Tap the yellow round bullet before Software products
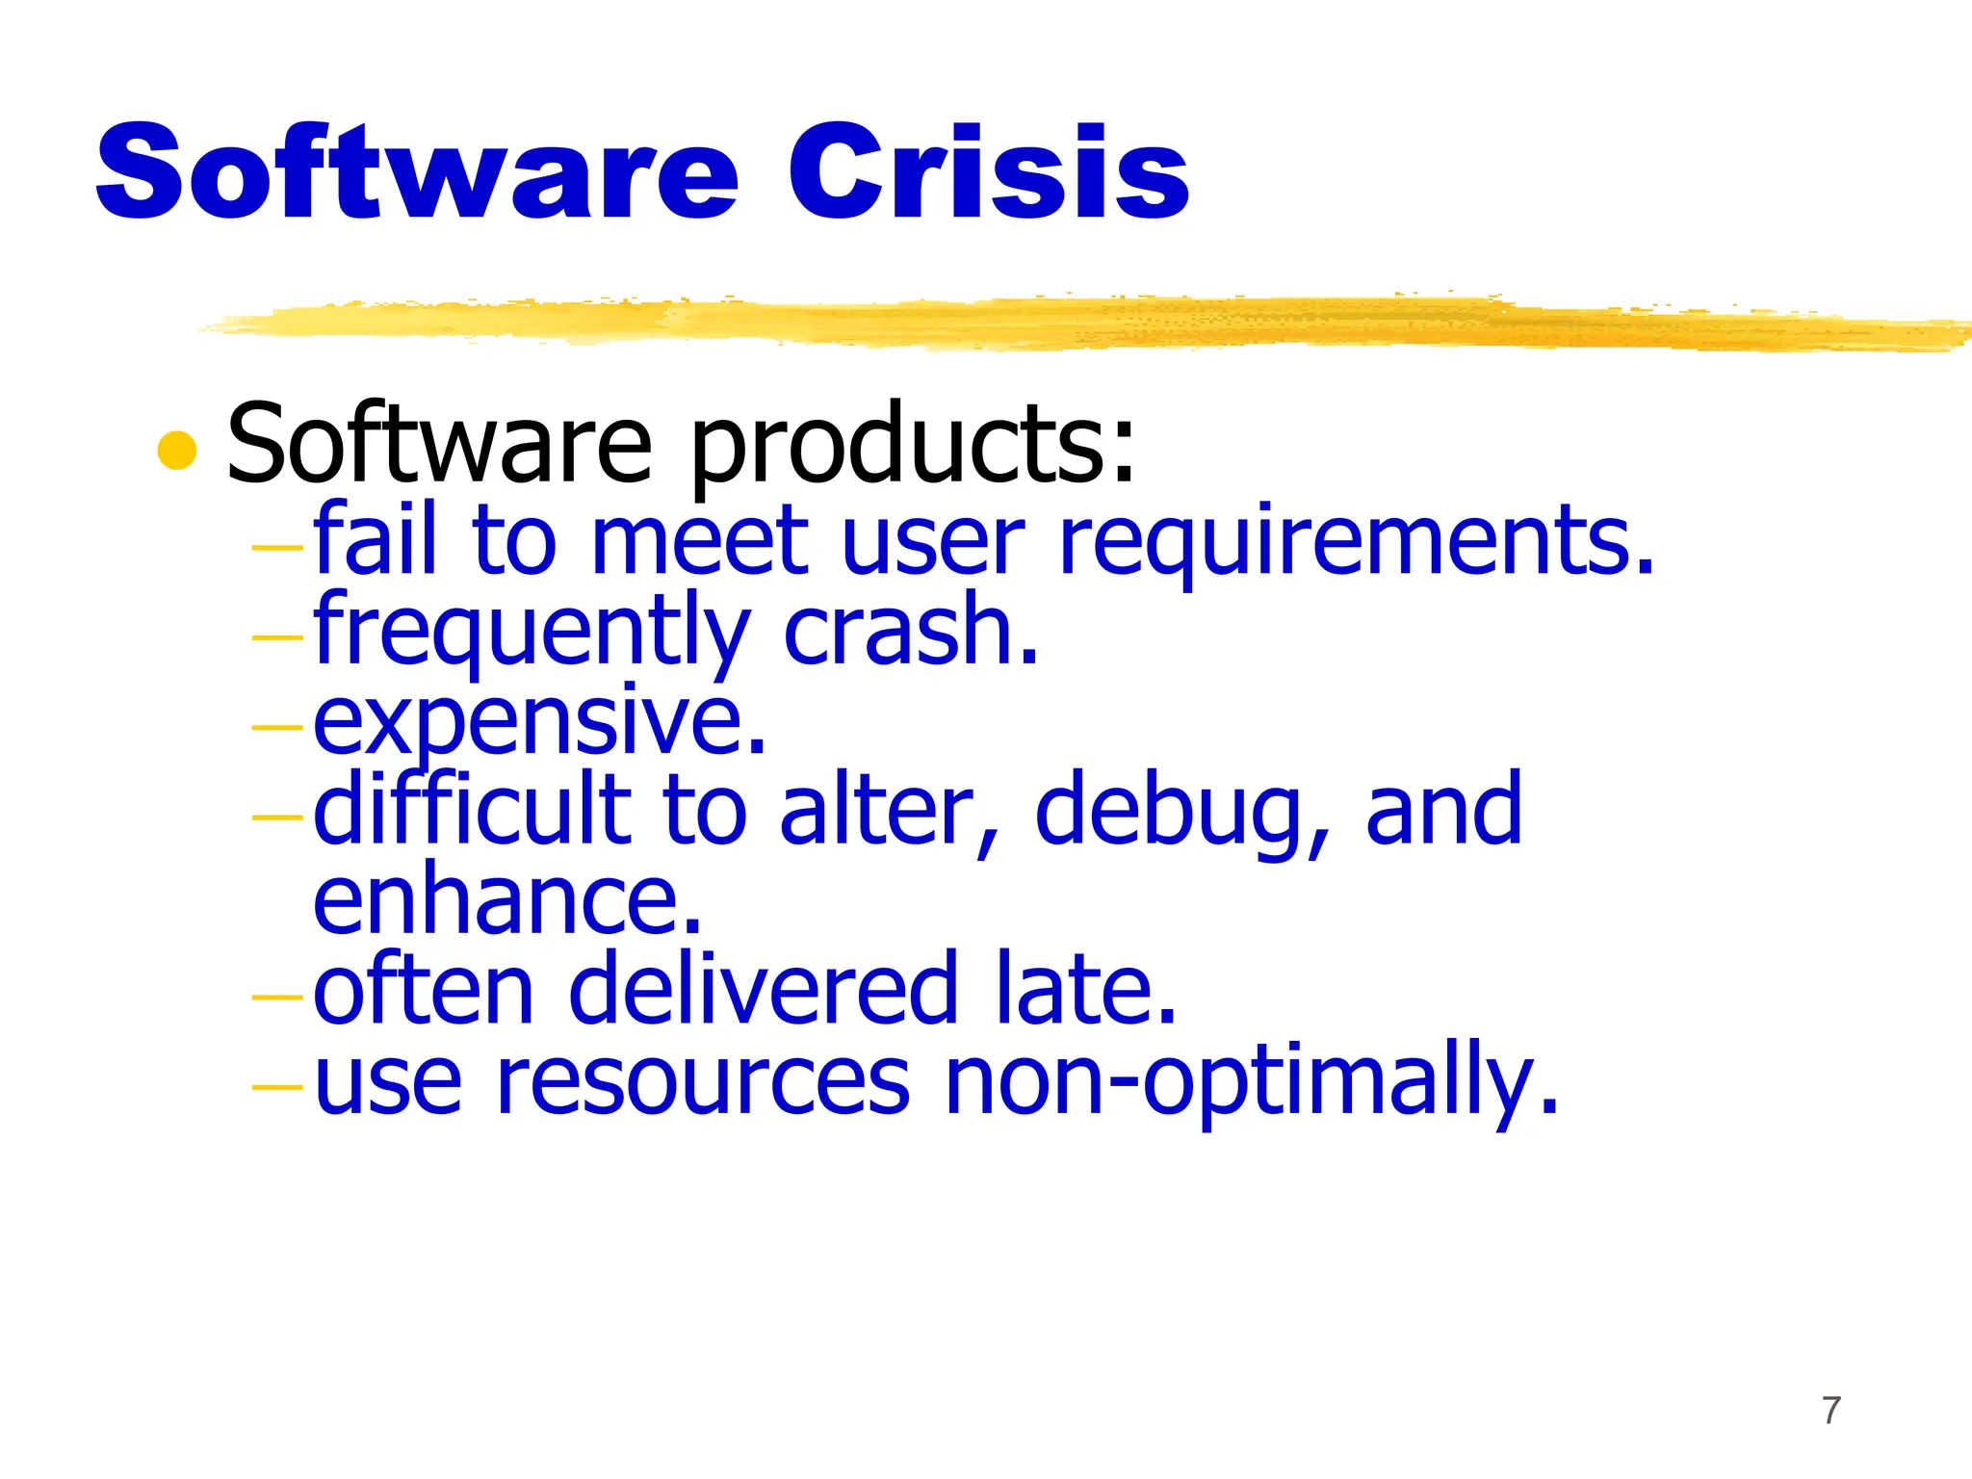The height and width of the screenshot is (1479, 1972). (177, 450)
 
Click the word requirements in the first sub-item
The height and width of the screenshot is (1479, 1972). (1356, 541)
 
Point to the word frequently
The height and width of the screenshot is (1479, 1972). (531, 632)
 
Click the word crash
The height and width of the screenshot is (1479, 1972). (911, 632)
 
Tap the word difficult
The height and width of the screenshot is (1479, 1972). (472, 809)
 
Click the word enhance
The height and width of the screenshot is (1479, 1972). (506, 899)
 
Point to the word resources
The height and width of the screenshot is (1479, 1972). (703, 1082)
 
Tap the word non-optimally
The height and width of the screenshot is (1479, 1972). (1251, 1082)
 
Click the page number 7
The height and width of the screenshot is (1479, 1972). (1831, 1411)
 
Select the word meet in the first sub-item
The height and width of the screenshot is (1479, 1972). (699, 541)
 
